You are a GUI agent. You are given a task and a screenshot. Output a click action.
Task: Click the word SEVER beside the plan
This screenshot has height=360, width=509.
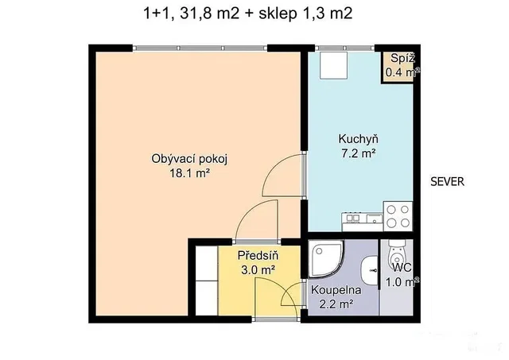(x=447, y=182)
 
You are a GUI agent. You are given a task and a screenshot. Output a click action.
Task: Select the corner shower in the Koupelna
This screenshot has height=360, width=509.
(x=325, y=258)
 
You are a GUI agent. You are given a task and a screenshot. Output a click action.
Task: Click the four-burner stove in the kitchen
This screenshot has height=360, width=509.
(x=398, y=216)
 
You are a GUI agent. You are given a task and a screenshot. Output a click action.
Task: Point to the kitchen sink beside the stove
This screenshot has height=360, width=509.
(x=375, y=218)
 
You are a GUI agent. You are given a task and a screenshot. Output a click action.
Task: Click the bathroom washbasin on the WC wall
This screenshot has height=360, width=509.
(x=369, y=270)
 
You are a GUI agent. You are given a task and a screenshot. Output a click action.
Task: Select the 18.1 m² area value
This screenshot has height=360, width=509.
(x=189, y=173)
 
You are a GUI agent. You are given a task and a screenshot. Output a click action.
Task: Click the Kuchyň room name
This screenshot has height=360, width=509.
(x=359, y=139)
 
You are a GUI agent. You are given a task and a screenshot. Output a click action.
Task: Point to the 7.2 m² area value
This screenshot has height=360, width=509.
(x=359, y=153)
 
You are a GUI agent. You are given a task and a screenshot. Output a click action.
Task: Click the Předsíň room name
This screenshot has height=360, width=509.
(x=258, y=255)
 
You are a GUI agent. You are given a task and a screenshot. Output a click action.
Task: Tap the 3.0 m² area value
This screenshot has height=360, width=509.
(x=258, y=269)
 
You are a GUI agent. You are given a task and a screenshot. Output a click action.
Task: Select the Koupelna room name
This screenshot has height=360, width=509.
(x=336, y=290)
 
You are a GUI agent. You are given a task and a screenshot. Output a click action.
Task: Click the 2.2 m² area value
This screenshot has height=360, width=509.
(x=336, y=304)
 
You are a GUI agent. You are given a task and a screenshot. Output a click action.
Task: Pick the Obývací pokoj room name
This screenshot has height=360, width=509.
(x=189, y=159)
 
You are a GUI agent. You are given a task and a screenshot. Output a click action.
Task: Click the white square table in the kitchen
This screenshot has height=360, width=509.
(x=333, y=65)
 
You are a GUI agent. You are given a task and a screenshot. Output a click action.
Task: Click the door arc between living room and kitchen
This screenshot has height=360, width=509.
(x=274, y=168)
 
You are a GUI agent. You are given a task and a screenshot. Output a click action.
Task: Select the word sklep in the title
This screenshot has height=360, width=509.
(x=278, y=14)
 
